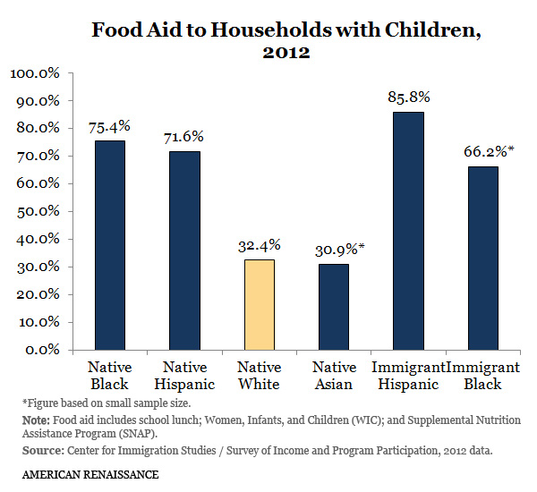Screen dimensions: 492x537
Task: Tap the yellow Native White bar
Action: [x=260, y=304]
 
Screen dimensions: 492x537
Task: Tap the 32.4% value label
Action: [x=260, y=244]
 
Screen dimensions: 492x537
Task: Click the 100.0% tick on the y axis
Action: [x=34, y=72]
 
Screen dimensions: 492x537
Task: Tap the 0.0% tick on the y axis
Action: [x=41, y=349]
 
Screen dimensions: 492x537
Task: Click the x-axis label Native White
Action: [x=260, y=376]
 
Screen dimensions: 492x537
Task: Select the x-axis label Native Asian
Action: [x=334, y=376]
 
